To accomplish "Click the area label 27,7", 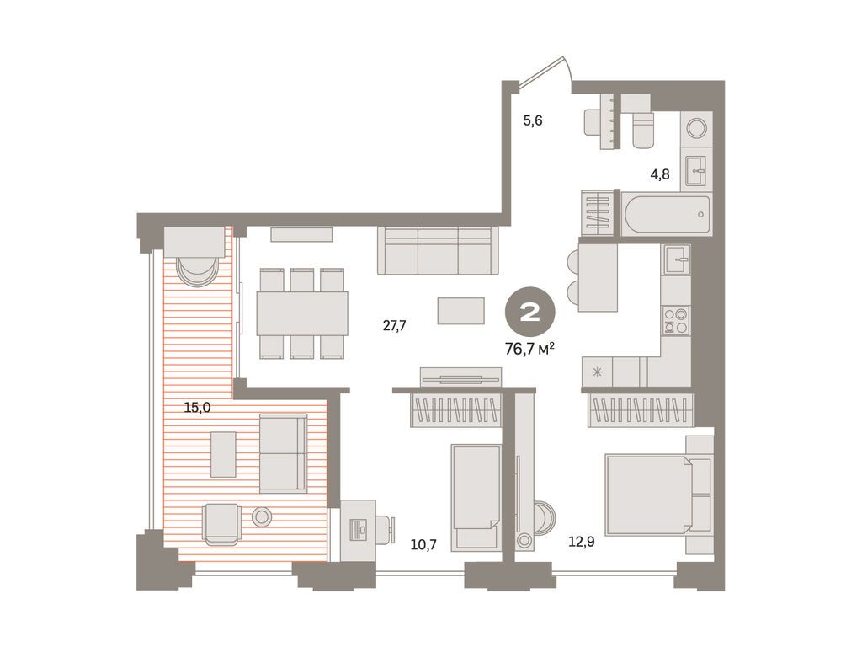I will pos(394,326).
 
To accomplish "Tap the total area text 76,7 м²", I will pos(529,348).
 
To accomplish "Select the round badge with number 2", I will pos(529,313).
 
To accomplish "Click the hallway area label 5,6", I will pos(533,120).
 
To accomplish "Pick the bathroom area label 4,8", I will pos(659,176).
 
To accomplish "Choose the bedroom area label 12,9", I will pos(580,543).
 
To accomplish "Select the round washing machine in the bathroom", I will pos(697,128).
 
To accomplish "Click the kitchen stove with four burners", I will pos(675,320).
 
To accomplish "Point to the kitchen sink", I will pos(675,259).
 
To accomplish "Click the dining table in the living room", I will pos(302,313).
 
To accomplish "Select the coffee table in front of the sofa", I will pos(460,311).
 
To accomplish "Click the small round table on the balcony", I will pos(262,517).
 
